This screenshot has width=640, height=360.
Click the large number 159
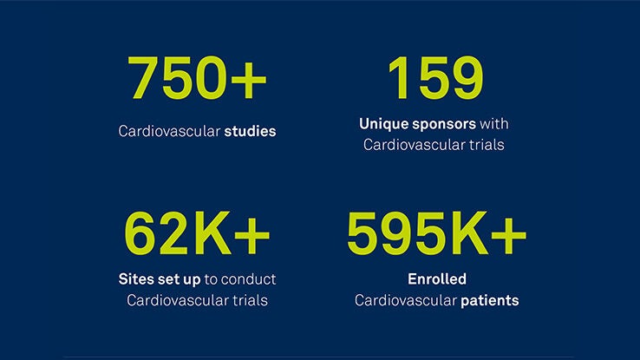pyautogui.click(x=436, y=77)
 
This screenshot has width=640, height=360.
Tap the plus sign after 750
pyautogui.click(x=249, y=79)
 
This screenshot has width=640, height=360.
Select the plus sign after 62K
pyautogui.click(x=251, y=235)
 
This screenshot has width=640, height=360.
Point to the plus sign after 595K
pyautogui.click(x=508, y=235)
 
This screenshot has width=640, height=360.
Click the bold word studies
pyautogui.click(x=250, y=131)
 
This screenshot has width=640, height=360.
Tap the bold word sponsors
pyautogui.click(x=444, y=125)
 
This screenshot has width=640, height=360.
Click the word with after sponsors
pyautogui.click(x=494, y=124)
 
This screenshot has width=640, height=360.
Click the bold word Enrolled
pyautogui.click(x=437, y=279)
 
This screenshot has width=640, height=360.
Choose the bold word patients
pyautogui.click(x=490, y=301)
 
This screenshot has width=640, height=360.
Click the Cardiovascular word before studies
pyautogui.click(x=169, y=131)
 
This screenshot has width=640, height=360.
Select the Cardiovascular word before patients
pyautogui.click(x=406, y=300)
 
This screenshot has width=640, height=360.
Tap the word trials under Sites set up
pyautogui.click(x=251, y=300)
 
